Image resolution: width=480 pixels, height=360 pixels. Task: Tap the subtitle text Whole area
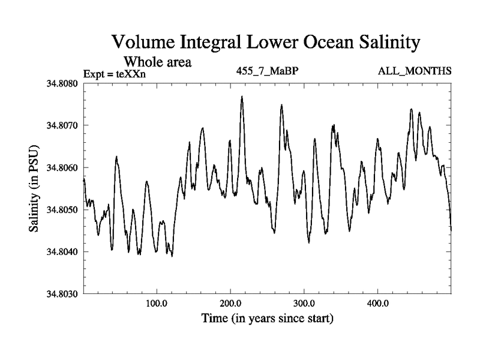(x=157, y=61)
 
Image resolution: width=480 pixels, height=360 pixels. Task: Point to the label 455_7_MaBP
(x=268, y=71)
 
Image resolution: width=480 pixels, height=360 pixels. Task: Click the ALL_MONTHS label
(x=415, y=71)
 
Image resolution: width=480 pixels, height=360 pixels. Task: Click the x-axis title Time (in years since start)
(x=267, y=317)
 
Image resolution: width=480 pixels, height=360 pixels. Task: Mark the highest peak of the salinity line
(x=242, y=96)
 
